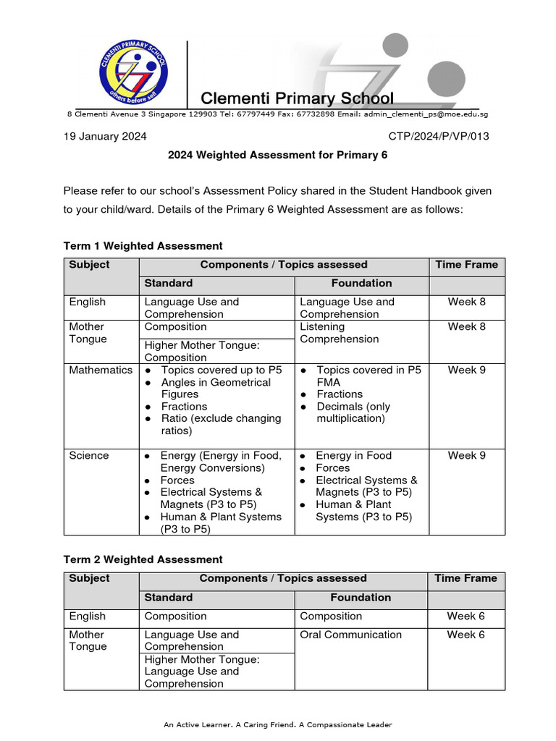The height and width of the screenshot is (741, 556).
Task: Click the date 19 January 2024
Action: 105,136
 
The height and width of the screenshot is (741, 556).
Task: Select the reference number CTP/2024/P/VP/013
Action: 439,136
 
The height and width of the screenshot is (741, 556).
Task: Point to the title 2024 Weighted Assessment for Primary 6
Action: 277,155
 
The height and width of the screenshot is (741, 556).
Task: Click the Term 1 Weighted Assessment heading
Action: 143,246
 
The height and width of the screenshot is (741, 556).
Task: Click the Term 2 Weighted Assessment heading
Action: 143,559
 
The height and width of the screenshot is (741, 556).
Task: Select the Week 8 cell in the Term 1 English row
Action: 466,302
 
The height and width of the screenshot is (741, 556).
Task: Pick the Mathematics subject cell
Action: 101,370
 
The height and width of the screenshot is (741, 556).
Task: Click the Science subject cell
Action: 88,455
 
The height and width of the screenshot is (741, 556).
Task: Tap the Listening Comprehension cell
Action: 339,333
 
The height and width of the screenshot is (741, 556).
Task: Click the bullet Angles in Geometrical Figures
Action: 215,388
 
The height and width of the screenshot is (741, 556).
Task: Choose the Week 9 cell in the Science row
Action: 466,455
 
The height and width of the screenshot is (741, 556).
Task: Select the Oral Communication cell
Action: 350,635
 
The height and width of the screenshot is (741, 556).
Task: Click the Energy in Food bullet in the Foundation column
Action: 353,455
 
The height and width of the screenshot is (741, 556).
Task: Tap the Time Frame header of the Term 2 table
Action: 466,578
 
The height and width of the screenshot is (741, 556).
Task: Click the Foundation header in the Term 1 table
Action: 361,283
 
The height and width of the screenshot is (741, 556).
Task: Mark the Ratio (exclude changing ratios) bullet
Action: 220,425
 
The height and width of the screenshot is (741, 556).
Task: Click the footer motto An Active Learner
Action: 277,724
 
